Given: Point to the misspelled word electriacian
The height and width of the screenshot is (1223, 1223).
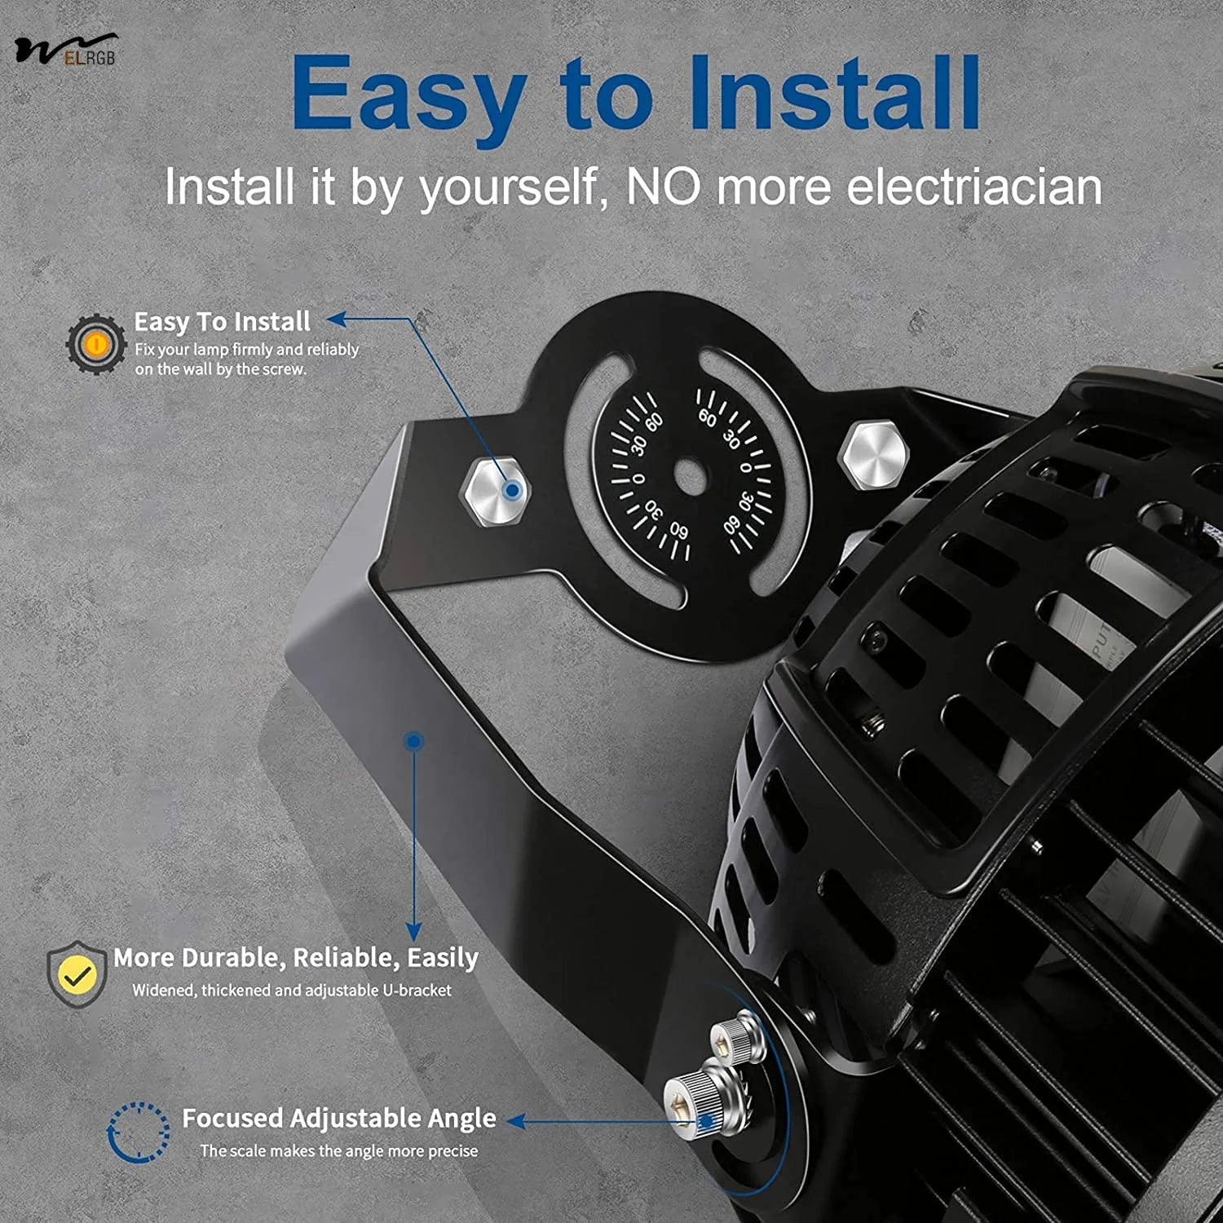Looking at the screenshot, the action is click(974, 187).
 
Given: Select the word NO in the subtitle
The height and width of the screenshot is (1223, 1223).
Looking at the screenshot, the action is click(663, 187).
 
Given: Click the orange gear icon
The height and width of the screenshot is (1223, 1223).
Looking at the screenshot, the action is click(96, 344).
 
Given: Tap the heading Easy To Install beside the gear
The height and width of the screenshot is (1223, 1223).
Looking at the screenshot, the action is click(222, 321).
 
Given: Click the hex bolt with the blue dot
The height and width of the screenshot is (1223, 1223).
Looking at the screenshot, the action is click(495, 489).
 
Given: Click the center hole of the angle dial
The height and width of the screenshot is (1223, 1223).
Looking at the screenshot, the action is click(690, 475).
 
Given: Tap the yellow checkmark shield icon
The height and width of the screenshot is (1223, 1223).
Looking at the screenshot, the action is click(76, 974).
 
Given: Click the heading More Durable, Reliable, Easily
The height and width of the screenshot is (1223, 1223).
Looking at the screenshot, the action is click(296, 958).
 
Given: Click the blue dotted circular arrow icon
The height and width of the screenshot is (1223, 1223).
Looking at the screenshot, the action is click(139, 1132).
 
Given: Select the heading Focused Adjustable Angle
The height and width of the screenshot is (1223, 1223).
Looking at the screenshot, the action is click(338, 1118).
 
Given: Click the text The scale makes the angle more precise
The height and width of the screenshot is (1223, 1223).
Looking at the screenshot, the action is click(339, 1150).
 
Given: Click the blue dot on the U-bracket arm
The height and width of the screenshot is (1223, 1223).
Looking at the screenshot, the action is click(414, 741).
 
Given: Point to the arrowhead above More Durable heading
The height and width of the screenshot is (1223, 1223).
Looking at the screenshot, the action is click(414, 931).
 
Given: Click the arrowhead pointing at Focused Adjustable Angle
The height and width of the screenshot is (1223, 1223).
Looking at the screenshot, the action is click(516, 1122).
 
